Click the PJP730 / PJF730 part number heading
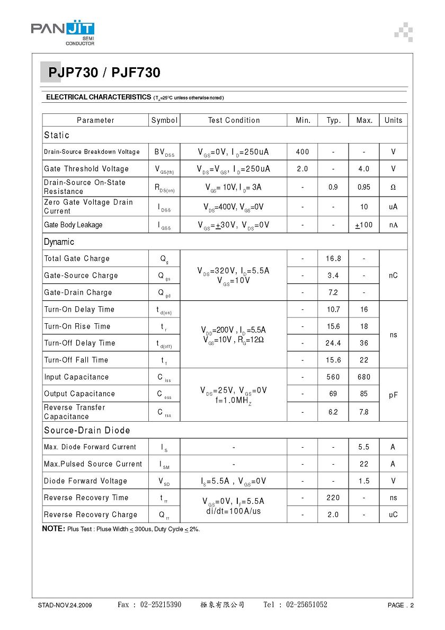(x=104, y=73)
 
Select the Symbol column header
(x=164, y=120)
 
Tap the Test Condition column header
(x=234, y=120)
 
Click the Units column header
(x=393, y=120)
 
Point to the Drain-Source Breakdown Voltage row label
(x=92, y=152)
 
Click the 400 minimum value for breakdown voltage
(x=302, y=152)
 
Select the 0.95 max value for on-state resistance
(x=364, y=187)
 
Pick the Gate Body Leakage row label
(x=73, y=225)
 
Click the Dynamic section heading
(x=59, y=242)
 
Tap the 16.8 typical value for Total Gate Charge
(x=333, y=259)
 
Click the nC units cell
(x=393, y=276)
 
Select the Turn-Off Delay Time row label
(x=79, y=343)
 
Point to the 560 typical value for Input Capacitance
(x=333, y=377)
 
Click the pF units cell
(x=393, y=395)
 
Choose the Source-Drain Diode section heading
(x=87, y=430)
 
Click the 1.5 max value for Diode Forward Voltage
(x=364, y=481)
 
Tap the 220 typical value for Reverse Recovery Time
(x=333, y=498)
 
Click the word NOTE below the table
(x=53, y=529)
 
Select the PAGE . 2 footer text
(x=400, y=605)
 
